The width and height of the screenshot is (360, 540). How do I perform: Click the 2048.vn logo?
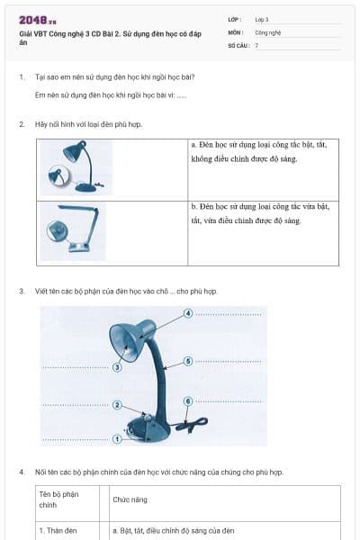click(38, 20)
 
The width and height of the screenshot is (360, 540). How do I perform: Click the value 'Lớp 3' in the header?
click(262, 19)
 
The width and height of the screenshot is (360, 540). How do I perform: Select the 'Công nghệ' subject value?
click(267, 31)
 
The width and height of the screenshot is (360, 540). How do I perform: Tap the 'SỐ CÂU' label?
click(238, 44)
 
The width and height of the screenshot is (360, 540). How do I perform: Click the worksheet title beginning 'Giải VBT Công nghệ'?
click(103, 37)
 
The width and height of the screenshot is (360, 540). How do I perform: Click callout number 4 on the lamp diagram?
click(188, 313)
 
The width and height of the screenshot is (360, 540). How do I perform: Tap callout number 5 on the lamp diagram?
click(188, 361)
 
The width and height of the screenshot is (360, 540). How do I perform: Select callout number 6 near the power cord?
click(187, 400)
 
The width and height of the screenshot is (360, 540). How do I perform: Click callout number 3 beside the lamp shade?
click(117, 367)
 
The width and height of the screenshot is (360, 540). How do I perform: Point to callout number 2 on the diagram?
click(117, 405)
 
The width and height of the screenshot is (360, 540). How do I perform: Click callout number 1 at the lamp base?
click(117, 439)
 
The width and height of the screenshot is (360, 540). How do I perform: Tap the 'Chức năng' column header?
click(130, 499)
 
